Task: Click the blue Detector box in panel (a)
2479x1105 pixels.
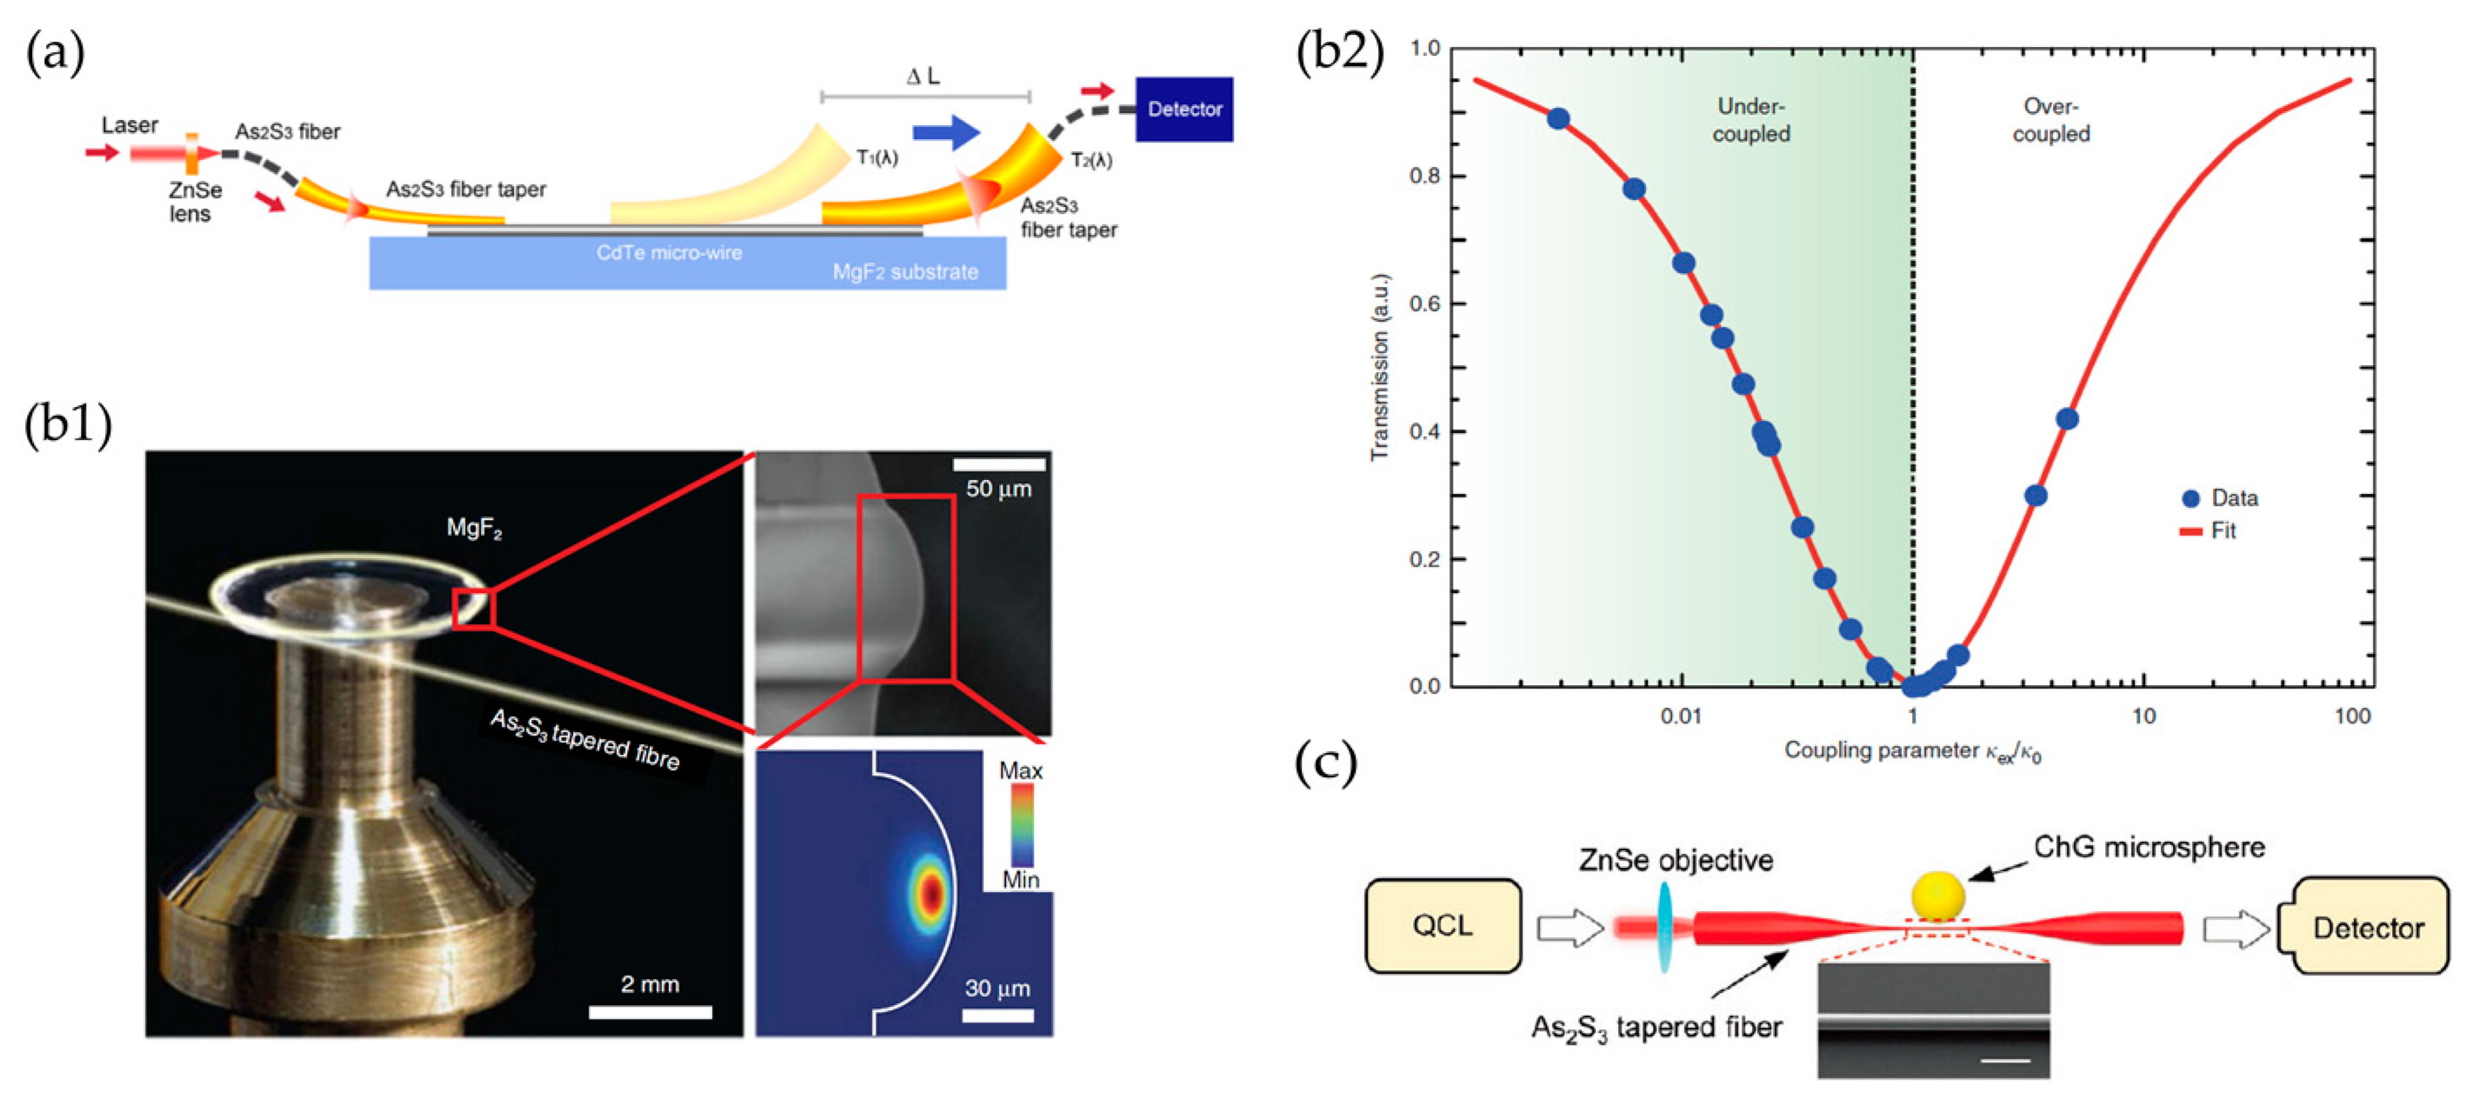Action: (x=1183, y=109)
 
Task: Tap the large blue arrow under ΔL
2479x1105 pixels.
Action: (x=945, y=132)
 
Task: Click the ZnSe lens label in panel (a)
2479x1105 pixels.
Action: (x=195, y=202)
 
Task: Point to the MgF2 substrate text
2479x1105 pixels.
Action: (x=904, y=272)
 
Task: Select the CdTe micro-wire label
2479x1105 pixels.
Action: (x=669, y=253)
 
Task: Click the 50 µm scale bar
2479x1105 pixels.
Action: (x=999, y=465)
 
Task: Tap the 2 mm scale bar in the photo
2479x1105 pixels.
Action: (x=650, y=1012)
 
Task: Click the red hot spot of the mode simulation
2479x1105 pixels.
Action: (x=930, y=893)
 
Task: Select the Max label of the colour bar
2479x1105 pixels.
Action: (x=1020, y=771)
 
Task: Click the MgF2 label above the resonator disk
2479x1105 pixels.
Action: (x=474, y=528)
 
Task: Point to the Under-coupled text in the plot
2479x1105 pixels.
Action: (x=1750, y=120)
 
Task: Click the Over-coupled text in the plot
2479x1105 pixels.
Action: (x=2050, y=120)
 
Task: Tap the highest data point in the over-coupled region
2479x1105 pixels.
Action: (x=2066, y=419)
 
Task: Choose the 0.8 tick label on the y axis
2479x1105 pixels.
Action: (x=1424, y=176)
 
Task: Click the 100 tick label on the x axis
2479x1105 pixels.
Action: (x=2352, y=716)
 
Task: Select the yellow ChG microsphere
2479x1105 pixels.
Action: (x=1936, y=895)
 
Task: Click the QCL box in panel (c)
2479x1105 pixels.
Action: (x=1442, y=926)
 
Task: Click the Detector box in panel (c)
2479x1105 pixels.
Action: (x=2367, y=928)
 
